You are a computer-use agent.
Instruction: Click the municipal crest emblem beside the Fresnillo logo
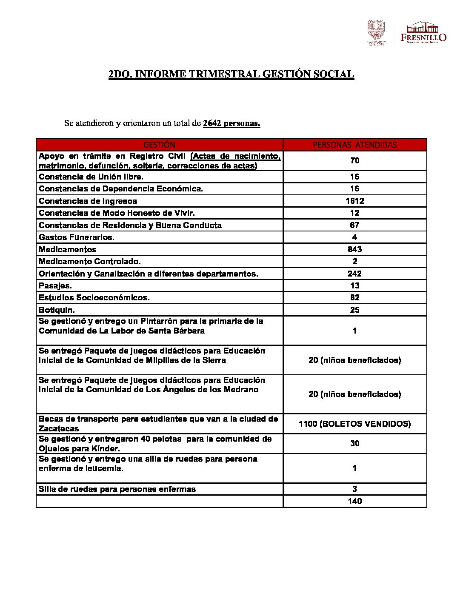click(376, 32)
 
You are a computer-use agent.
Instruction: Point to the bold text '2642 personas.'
click(231, 123)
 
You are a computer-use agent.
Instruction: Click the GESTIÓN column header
click(159, 145)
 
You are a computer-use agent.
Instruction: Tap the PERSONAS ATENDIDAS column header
click(354, 145)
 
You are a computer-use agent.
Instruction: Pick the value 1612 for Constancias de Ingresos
click(354, 201)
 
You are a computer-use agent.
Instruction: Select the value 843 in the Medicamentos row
click(354, 249)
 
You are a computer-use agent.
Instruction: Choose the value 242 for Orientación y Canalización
click(354, 274)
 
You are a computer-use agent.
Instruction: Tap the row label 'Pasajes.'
click(55, 286)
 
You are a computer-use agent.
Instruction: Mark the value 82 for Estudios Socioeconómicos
click(354, 298)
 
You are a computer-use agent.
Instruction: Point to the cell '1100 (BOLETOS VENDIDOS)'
click(354, 424)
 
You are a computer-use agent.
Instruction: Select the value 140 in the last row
click(354, 501)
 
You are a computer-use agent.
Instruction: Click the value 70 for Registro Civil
click(354, 160)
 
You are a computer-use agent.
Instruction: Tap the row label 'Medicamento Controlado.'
click(90, 262)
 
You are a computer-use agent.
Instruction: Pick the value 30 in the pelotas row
click(354, 444)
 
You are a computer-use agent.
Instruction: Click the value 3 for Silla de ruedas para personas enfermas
click(354, 489)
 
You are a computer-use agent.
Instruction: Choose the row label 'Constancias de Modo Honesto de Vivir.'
click(117, 213)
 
